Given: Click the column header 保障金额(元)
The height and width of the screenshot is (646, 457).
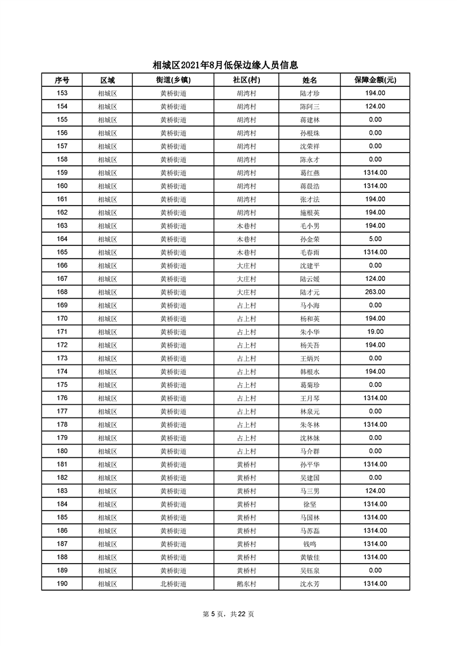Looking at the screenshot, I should (375, 80).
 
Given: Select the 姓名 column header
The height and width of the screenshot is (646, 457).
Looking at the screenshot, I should (309, 80).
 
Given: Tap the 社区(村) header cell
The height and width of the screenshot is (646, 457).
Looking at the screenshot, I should (246, 80).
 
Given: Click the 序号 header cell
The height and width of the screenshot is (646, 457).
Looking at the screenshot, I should (62, 80).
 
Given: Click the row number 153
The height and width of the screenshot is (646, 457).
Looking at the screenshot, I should (62, 93).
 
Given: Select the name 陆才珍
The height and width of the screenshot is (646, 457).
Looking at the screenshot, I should (309, 93).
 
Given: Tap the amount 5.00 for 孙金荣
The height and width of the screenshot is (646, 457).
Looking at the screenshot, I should (375, 239).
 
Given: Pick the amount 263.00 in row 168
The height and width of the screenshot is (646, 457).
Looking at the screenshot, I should (375, 292).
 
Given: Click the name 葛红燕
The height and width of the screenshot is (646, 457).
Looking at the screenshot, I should (309, 173).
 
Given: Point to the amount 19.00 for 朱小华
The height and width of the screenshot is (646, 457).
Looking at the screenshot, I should (375, 332).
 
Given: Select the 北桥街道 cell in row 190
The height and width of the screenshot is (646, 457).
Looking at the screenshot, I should (173, 584).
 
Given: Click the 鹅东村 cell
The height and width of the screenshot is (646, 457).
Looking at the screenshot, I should (246, 584).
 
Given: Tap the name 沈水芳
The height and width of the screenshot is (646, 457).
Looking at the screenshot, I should (309, 584).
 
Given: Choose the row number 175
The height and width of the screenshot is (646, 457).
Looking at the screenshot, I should (62, 385).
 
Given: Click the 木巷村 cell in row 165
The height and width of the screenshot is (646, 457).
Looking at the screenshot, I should (246, 252).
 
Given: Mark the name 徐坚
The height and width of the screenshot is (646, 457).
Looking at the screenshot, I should (309, 504).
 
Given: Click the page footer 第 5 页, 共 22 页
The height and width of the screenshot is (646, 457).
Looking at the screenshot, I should (228, 614).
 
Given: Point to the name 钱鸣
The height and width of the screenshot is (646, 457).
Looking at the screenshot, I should (309, 544).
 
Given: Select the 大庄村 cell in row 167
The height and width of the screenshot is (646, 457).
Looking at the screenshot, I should (246, 279).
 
